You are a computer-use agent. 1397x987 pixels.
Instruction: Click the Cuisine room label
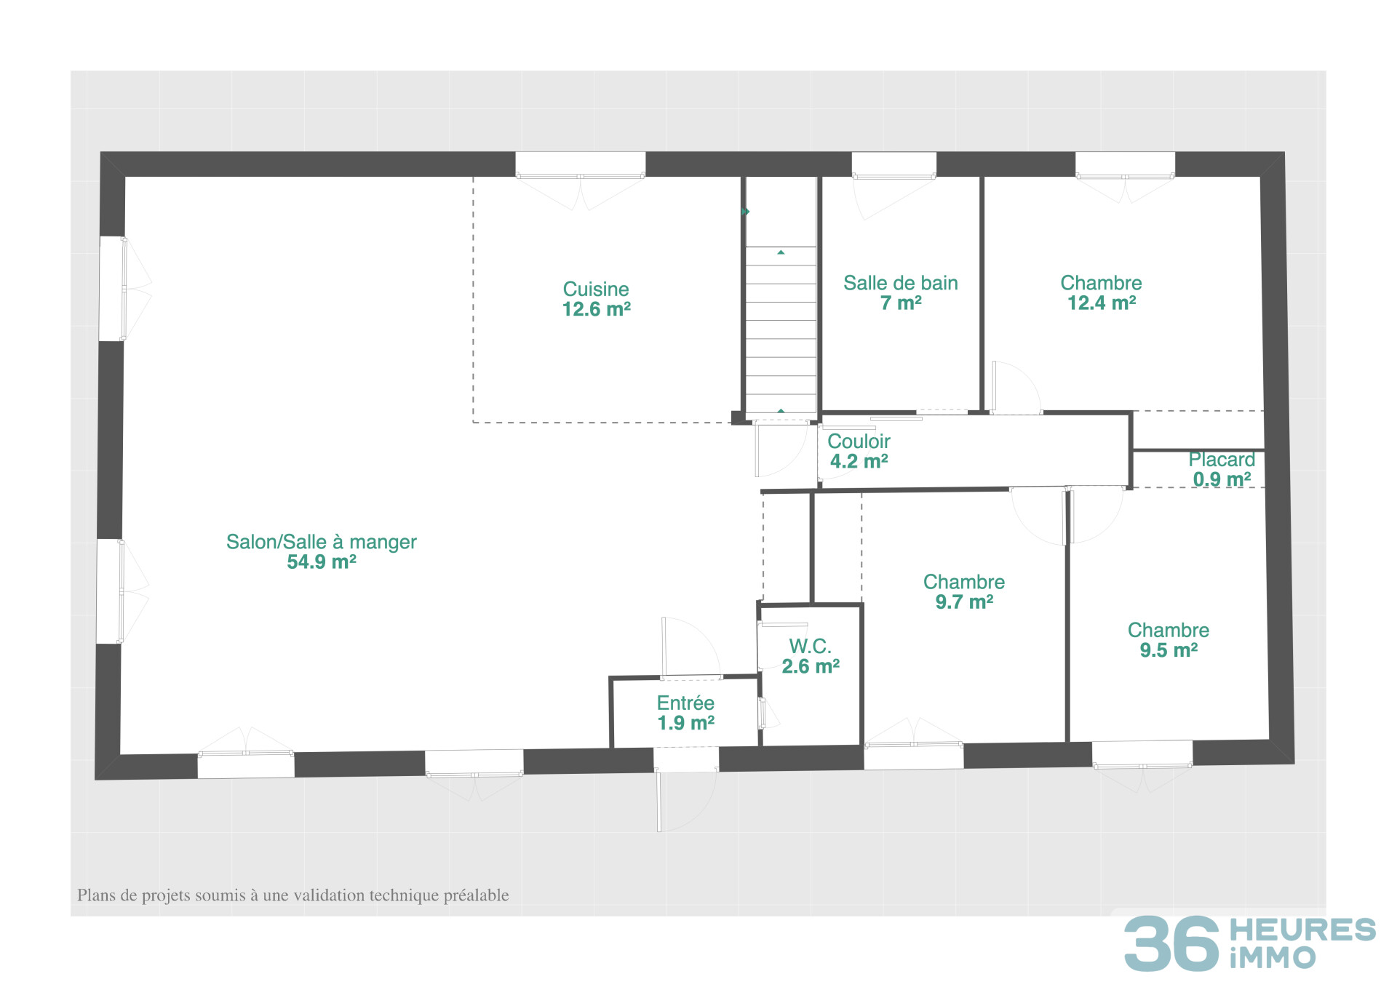click(596, 289)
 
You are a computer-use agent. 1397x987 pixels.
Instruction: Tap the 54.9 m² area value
click(322, 562)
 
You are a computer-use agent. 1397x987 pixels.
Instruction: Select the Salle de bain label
click(900, 283)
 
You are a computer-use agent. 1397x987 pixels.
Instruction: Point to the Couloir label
click(859, 441)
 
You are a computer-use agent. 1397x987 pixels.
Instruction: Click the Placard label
click(1222, 460)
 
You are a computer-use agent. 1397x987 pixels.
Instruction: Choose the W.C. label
click(810, 646)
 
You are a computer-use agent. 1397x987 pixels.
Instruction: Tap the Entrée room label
click(685, 703)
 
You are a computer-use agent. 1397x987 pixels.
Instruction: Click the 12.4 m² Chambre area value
click(1102, 303)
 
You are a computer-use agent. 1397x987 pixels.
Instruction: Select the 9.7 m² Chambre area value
click(964, 602)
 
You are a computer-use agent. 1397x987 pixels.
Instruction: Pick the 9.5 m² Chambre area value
click(1169, 650)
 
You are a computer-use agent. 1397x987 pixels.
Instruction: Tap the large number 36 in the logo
click(1171, 943)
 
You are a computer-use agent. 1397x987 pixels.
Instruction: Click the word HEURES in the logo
click(1302, 930)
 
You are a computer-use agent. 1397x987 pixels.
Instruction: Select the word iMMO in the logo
click(1273, 958)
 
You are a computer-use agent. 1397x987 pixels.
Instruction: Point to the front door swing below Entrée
click(684, 800)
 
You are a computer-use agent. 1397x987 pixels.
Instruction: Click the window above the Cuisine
click(580, 164)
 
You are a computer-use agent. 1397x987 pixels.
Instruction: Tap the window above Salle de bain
click(893, 164)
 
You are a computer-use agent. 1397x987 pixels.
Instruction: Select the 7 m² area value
click(901, 303)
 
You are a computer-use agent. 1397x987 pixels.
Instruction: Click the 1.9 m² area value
click(685, 723)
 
